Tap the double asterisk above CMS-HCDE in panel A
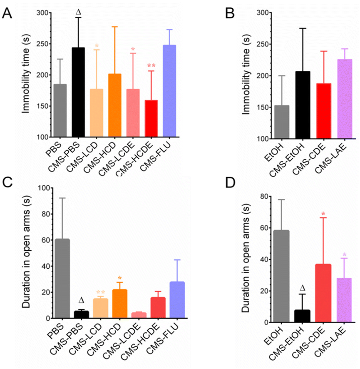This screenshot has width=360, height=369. (x=151, y=65)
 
